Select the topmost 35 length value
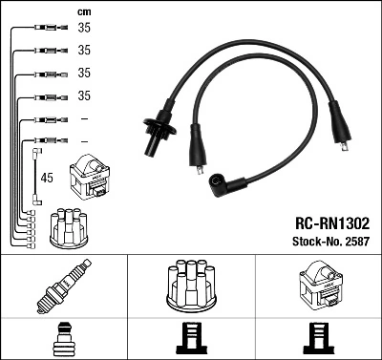tap(84, 28)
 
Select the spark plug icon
tap(63, 287)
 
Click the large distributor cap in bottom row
tap(190, 286)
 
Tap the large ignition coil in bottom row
tap(317, 287)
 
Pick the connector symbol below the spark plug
tap(63, 339)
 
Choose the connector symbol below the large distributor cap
tap(190, 339)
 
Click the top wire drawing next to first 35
tap(45, 29)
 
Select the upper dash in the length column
tap(84, 119)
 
